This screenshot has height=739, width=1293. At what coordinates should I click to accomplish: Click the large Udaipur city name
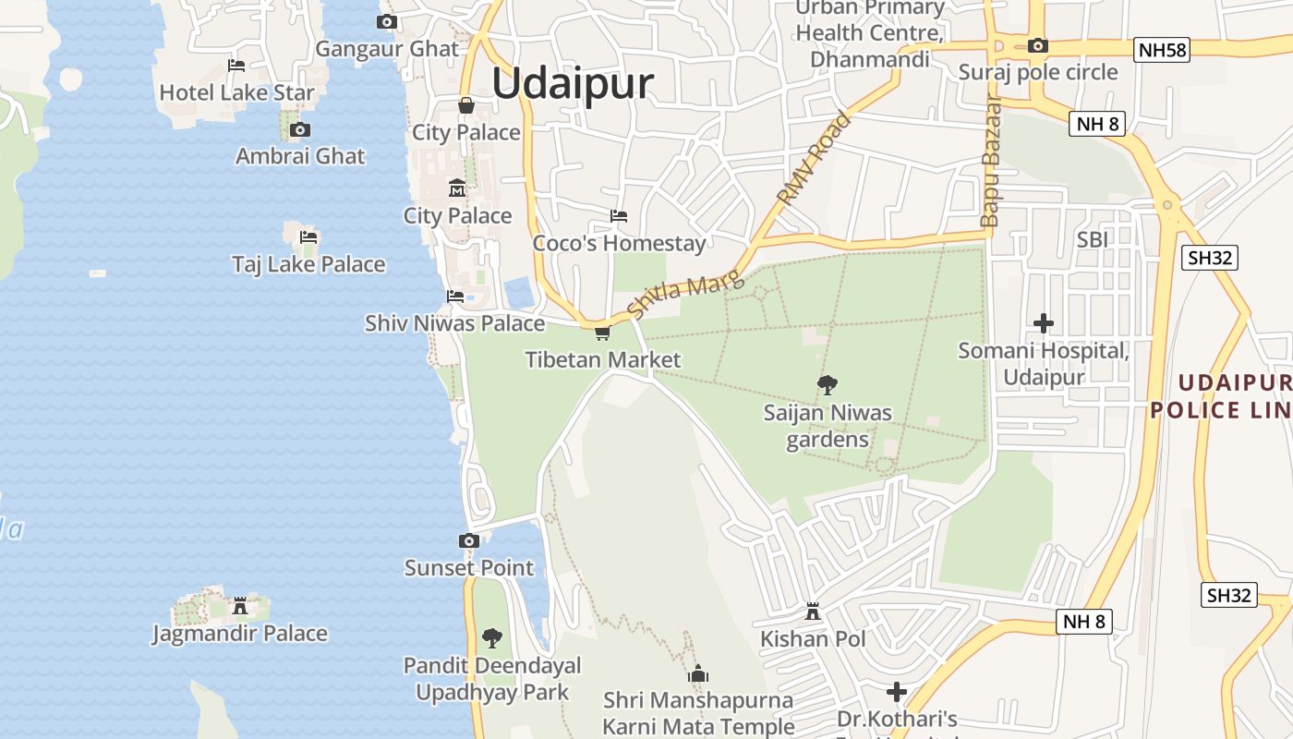(x=573, y=83)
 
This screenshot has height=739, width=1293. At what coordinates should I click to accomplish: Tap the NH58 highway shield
(x=1162, y=50)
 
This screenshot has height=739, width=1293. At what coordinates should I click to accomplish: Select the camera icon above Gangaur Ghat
(x=387, y=22)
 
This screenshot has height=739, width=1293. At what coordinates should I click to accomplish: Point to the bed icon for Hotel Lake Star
(x=236, y=66)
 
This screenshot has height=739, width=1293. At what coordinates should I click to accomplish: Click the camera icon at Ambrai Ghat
(x=300, y=130)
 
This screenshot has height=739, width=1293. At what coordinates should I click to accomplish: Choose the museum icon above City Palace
(x=457, y=188)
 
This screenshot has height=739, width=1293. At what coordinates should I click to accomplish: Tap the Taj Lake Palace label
(x=308, y=264)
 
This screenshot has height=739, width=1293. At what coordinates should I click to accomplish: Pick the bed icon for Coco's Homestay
(x=619, y=216)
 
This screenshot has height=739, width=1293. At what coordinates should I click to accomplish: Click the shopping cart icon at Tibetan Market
(x=602, y=333)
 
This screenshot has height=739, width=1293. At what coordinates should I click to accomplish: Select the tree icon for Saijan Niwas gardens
(x=828, y=385)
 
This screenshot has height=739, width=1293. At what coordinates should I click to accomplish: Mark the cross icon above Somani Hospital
(x=1044, y=323)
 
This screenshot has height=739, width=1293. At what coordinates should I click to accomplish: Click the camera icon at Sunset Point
(x=469, y=540)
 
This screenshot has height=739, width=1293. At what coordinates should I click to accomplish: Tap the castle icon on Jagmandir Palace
(x=240, y=606)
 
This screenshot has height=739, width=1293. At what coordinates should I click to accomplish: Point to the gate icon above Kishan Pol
(x=813, y=612)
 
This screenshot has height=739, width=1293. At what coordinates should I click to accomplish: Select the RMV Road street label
(x=815, y=159)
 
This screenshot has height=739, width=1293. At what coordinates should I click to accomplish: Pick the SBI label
(x=1093, y=239)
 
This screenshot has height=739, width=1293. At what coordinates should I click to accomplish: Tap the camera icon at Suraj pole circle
(x=1038, y=45)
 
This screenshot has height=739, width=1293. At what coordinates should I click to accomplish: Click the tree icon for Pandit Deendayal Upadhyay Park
(x=492, y=637)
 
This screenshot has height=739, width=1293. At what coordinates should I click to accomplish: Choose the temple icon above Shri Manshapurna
(x=698, y=673)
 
